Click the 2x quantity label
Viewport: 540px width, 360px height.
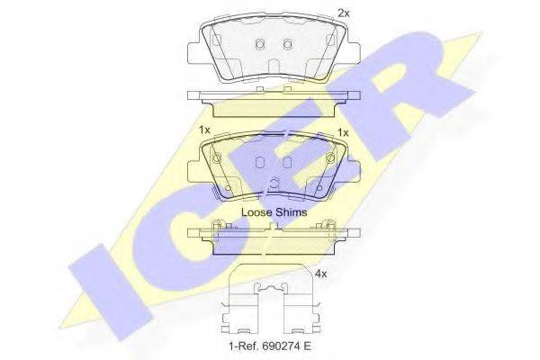point(344,13)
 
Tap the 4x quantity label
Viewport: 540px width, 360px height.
point(321,274)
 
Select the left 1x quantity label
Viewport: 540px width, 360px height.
point(204,130)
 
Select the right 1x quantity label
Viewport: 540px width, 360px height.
point(343,132)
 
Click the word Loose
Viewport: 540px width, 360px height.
point(256,211)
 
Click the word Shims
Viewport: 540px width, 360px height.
point(291,211)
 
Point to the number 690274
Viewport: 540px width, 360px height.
point(280,346)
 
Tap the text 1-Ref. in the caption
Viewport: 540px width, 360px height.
point(244,346)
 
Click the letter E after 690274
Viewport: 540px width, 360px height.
point(307,346)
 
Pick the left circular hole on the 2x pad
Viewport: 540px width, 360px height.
point(260,44)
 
